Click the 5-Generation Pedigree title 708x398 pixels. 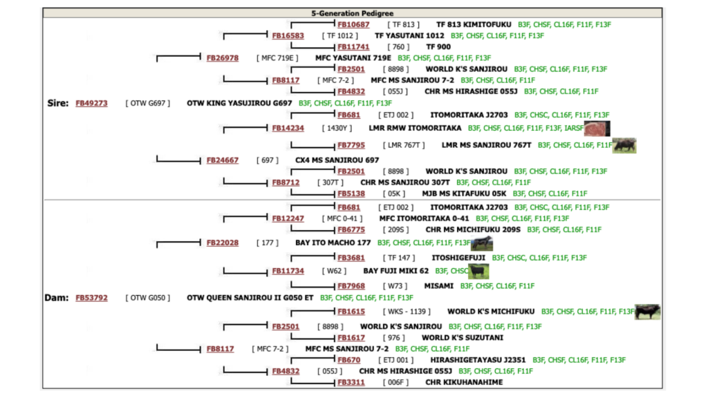click(x=352, y=13)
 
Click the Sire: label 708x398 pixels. click(x=58, y=104)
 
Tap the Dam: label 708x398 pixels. click(x=57, y=298)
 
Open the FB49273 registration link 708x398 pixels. click(x=91, y=104)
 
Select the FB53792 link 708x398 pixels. click(x=91, y=298)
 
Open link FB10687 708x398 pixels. click(x=353, y=25)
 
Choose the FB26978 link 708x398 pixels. click(x=222, y=58)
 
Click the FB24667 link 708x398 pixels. click(x=222, y=160)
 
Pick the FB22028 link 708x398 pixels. click(x=222, y=243)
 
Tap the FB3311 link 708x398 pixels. click(x=351, y=382)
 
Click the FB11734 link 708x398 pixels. click(x=288, y=271)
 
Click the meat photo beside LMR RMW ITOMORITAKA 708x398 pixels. click(x=597, y=129)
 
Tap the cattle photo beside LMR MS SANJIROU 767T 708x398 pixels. click(x=624, y=145)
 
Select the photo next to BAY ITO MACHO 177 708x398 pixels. click(x=482, y=243)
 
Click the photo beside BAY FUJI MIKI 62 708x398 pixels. click(x=478, y=271)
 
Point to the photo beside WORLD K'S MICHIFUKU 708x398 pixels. click(x=647, y=312)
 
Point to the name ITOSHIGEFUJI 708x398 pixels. click(x=458, y=258)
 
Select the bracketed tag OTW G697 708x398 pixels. click(x=148, y=104)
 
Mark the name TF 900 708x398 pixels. click(x=438, y=47)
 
